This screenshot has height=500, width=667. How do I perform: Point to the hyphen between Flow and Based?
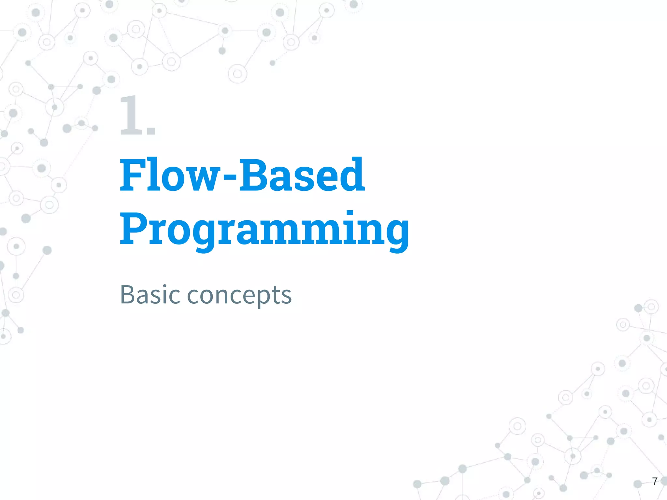[x=231, y=178]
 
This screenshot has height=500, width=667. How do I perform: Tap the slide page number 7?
[x=655, y=481]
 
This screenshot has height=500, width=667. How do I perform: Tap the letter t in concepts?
[x=279, y=295]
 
